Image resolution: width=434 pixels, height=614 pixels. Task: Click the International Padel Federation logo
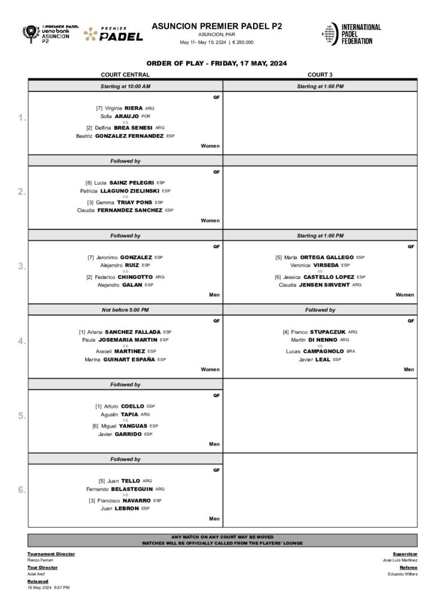[351, 34]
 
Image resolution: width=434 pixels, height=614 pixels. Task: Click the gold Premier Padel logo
[113, 34]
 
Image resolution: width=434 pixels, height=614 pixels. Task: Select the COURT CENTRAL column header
[125, 74]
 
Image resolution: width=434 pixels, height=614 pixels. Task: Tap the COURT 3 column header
[320, 74]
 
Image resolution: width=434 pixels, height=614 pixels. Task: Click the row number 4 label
[22, 341]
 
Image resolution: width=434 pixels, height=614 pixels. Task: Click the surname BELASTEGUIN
[132, 489]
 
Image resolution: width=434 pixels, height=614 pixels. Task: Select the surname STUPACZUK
[328, 332]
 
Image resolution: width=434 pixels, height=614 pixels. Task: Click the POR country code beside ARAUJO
[146, 116]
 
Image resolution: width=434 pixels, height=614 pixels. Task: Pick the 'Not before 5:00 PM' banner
[125, 310]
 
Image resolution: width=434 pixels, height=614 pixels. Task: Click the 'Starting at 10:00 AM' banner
[125, 86]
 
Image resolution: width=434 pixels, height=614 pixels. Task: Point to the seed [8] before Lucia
[89, 182]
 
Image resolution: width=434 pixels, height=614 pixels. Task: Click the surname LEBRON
[126, 508]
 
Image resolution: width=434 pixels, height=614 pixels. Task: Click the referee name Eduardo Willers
[402, 574]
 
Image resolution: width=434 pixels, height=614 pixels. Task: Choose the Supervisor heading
[405, 553]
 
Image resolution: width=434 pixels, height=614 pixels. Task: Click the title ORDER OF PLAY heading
[216, 63]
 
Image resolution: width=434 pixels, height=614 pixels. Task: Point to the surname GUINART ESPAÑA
[130, 359]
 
